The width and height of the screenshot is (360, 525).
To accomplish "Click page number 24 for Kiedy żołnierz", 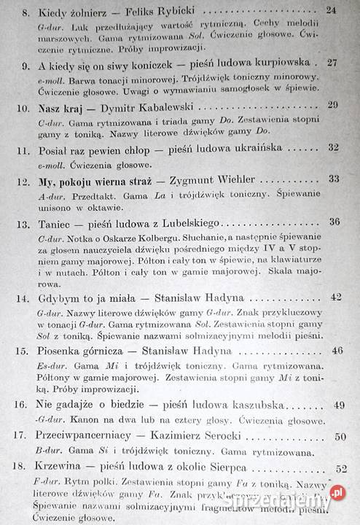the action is tap(332, 11).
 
